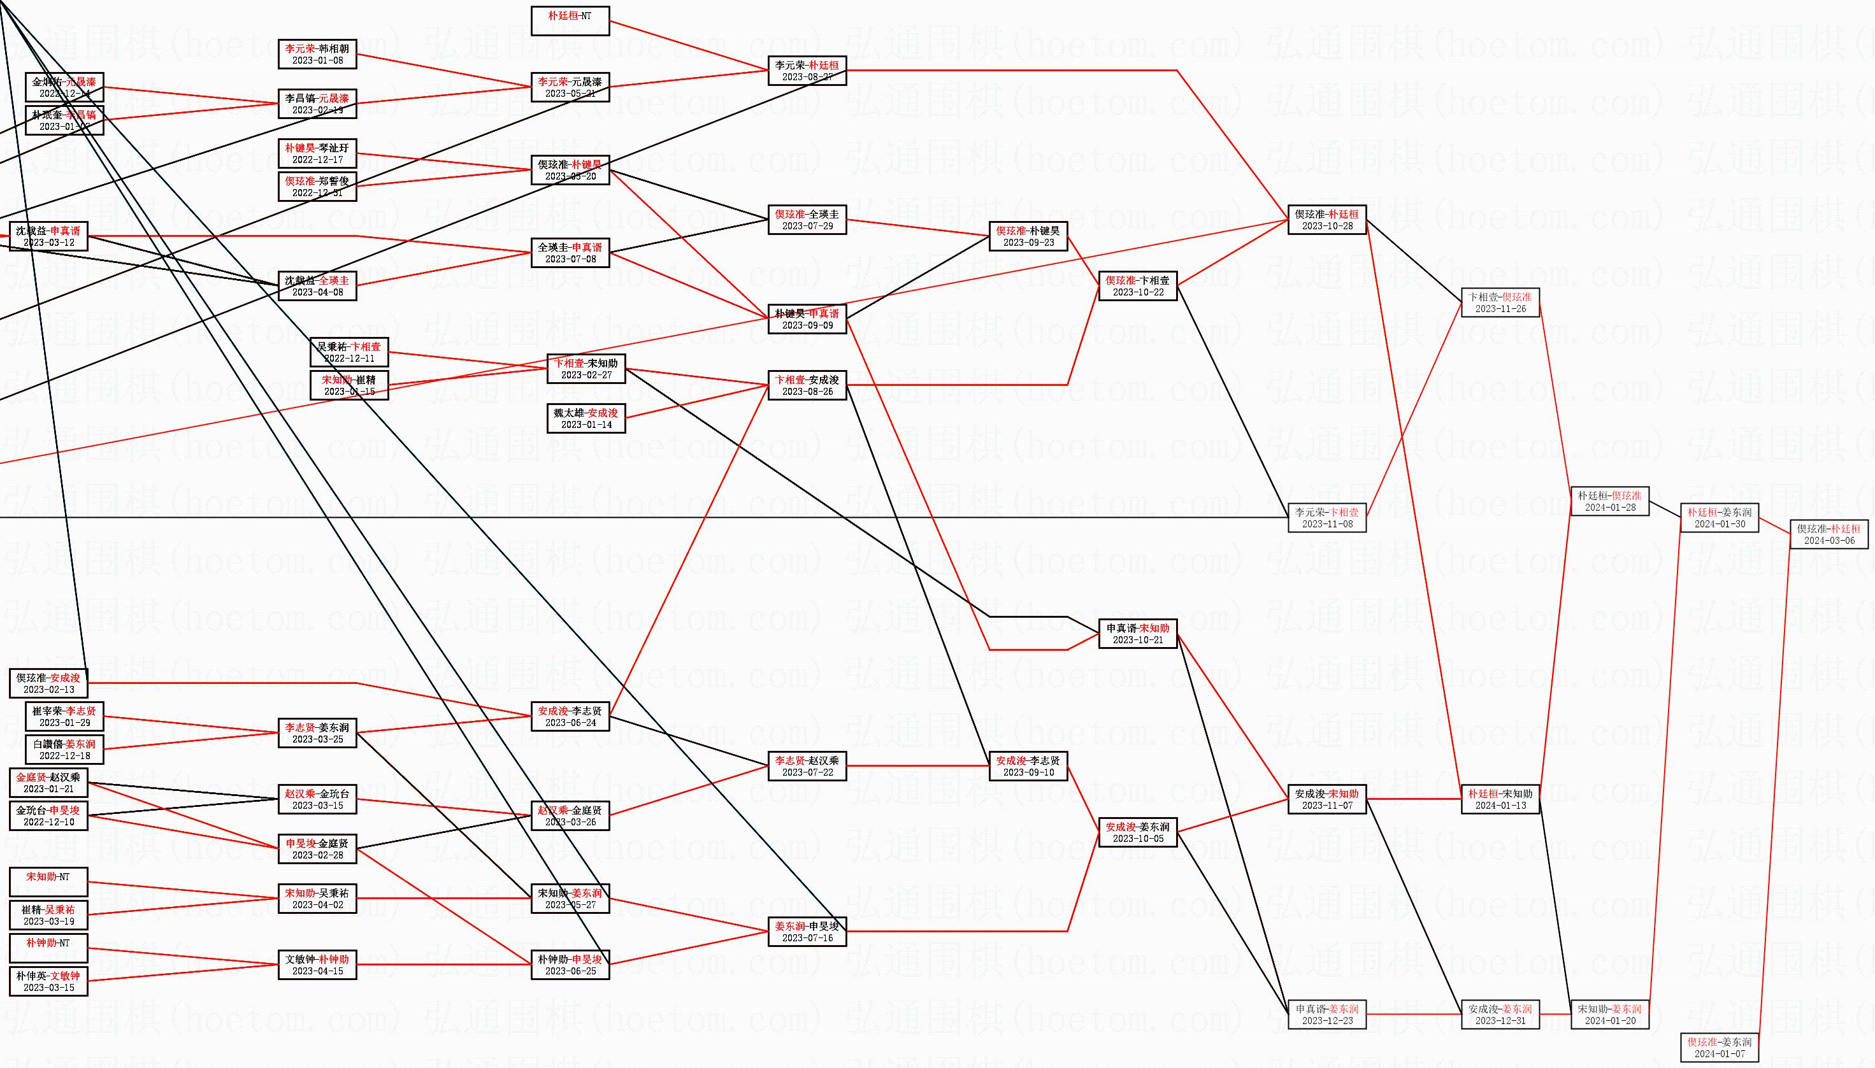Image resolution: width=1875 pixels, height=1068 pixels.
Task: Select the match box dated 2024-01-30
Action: coord(1719,518)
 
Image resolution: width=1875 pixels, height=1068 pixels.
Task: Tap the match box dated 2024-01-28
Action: coord(1609,501)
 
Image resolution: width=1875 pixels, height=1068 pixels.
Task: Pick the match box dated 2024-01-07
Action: coord(1719,1048)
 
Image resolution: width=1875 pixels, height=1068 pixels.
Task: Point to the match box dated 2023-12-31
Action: coord(1499,1015)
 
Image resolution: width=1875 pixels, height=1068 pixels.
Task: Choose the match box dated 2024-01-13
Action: coord(1499,799)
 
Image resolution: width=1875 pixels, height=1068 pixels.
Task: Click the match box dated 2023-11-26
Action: coord(1499,303)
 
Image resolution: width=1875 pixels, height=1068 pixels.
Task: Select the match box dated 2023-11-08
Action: coord(1326,518)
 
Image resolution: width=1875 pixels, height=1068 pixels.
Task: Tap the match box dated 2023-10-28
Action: coord(1326,219)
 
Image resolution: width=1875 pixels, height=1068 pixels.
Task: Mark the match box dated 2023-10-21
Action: coord(1137,634)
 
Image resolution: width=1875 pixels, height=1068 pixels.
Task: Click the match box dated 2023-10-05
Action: coord(1137,832)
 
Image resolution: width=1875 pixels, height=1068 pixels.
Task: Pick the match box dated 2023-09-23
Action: coord(1028,236)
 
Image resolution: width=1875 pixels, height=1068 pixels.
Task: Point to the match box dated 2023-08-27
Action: coord(807,71)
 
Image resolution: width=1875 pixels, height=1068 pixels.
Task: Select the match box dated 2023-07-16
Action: coord(807,932)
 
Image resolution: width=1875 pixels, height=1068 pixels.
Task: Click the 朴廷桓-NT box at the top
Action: coord(570,20)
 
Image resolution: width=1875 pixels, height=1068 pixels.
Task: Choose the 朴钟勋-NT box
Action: coord(48,948)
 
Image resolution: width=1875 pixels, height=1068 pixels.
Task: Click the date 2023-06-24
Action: coord(570,723)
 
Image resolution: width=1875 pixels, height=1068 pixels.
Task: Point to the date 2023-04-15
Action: coord(317,971)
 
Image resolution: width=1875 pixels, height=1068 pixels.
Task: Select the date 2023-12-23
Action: coord(1326,1020)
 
